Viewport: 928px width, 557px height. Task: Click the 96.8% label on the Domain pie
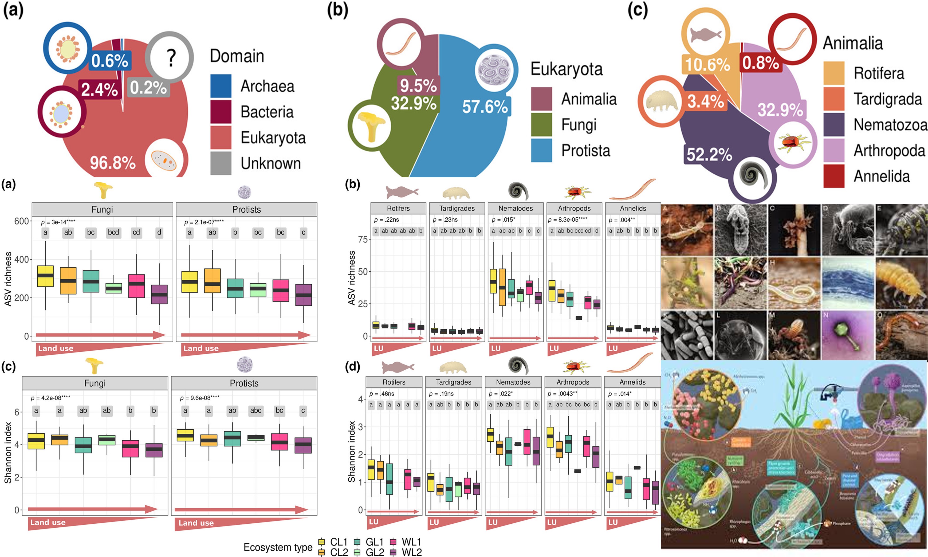pyautogui.click(x=113, y=163)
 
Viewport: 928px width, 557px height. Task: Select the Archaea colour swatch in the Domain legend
pyautogui.click(x=221, y=86)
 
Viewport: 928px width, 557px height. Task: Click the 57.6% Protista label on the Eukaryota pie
pyautogui.click(x=485, y=107)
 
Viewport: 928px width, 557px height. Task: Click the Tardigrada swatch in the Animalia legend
pyautogui.click(x=834, y=99)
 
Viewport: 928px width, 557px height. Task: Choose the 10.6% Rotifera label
pyautogui.click(x=708, y=65)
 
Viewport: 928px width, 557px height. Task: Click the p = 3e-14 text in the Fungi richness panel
pyautogui.click(x=58, y=222)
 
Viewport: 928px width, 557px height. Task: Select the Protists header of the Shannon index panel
pyautogui.click(x=244, y=383)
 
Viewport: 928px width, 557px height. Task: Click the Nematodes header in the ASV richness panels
pyautogui.click(x=516, y=208)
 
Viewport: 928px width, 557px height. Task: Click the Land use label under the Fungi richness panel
pyautogui.click(x=56, y=348)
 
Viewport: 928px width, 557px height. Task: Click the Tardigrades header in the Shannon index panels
pyautogui.click(x=453, y=382)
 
